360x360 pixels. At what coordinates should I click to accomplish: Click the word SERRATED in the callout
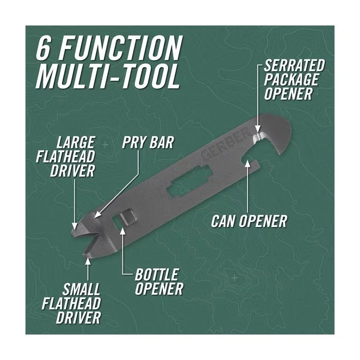(294, 65)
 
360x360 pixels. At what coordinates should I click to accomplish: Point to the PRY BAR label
(148, 143)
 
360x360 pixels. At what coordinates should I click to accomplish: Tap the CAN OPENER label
(249, 221)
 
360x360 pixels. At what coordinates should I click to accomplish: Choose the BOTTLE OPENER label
(159, 281)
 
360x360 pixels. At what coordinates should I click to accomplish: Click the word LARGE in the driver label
(75, 143)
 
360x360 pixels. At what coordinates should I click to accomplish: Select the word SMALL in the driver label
(81, 289)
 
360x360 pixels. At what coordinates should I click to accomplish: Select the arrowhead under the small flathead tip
(88, 260)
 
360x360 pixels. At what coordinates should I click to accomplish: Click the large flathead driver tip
(75, 231)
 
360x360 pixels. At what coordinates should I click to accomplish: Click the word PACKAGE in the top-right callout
(291, 79)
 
